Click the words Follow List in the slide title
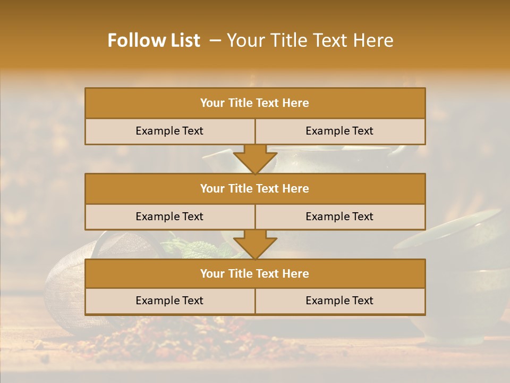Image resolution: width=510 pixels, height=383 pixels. pyautogui.click(x=154, y=40)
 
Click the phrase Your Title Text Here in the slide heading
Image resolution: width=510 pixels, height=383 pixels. pyautogui.click(x=310, y=40)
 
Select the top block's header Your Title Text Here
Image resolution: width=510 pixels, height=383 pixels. pyautogui.click(x=254, y=103)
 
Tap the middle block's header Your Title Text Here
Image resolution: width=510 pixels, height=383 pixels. pyautogui.click(x=254, y=189)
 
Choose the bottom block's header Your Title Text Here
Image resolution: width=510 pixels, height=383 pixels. pyautogui.click(x=254, y=274)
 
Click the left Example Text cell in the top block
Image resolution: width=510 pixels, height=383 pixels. pyautogui.click(x=169, y=131)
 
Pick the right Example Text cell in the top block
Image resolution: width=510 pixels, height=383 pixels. pyautogui.click(x=339, y=131)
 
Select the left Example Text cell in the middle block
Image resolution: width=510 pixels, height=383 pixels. pyautogui.click(x=169, y=217)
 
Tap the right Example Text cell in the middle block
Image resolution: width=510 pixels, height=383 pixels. pyautogui.click(x=339, y=217)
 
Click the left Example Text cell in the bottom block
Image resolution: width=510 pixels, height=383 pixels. pyautogui.click(x=169, y=301)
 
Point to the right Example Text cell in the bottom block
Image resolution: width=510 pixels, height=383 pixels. pyautogui.click(x=339, y=301)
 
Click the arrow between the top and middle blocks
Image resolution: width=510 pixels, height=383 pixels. pyautogui.click(x=255, y=159)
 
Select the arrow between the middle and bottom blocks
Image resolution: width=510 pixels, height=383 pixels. pyautogui.click(x=255, y=244)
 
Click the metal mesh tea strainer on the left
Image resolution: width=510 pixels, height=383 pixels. pyautogui.click(x=64, y=287)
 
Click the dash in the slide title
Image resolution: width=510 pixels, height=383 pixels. pyautogui.click(x=215, y=40)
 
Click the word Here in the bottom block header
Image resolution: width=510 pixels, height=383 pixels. pyautogui.click(x=295, y=274)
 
